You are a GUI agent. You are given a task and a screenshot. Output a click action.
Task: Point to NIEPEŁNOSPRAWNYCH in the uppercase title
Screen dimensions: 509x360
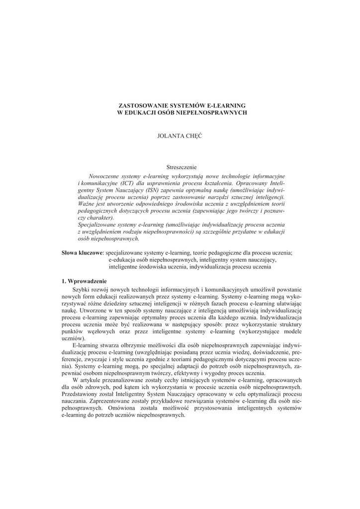pyautogui.click(x=216, y=113)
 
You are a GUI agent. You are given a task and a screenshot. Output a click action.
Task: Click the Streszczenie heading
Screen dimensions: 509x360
pyautogui.click(x=181, y=168)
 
